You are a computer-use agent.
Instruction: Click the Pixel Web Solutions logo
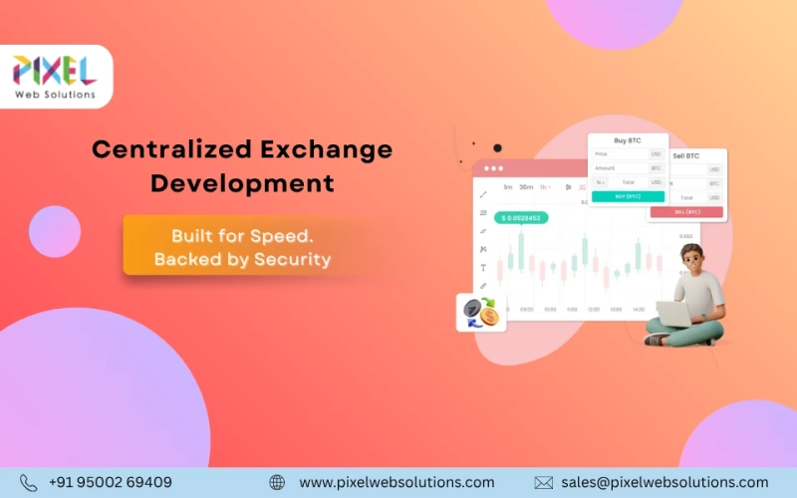coord(55,77)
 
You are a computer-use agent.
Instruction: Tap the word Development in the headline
coord(242,183)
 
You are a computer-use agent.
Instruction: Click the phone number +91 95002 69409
coord(110,482)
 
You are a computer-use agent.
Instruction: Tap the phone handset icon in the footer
coord(28,482)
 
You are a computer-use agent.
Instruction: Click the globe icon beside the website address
coord(277,482)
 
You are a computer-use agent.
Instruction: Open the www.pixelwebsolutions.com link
coord(397,482)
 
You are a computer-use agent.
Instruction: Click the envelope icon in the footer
coord(543,482)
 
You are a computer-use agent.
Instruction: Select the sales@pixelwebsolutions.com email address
coord(665,482)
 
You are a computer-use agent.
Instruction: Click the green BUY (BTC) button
coord(628,196)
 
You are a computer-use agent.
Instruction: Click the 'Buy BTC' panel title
coord(628,141)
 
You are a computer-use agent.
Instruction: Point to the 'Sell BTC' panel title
coord(686,156)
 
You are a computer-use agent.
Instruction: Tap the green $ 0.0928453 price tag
coord(521,217)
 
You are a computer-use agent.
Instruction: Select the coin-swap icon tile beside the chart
coord(476,312)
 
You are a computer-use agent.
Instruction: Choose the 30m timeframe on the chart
coord(526,187)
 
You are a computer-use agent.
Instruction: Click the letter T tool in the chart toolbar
coord(483,267)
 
